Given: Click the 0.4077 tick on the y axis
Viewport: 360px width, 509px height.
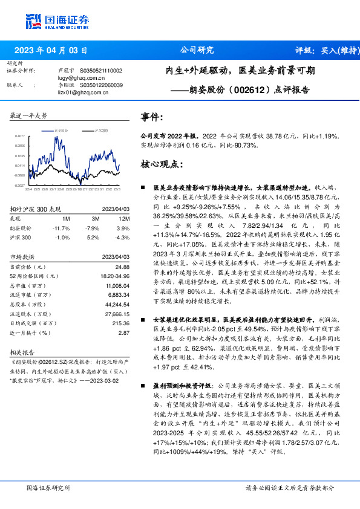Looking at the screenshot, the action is point(20,136).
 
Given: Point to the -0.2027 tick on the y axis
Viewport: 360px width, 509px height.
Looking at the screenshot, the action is point(19,185).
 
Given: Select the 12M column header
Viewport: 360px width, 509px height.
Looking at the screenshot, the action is point(125,218).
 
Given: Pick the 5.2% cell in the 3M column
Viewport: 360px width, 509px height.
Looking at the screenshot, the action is point(94,238).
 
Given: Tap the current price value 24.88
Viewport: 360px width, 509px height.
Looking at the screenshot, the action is point(122,267).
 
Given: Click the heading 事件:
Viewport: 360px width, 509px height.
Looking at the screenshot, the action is point(151,117).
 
